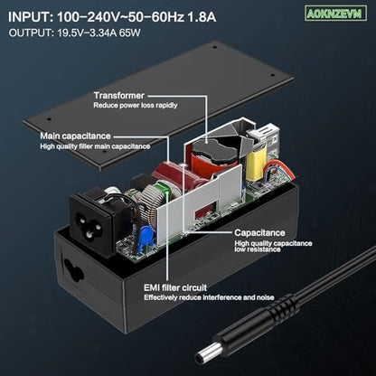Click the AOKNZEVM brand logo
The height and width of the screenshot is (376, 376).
click(335, 14)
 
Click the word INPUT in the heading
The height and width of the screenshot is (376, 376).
click(30, 17)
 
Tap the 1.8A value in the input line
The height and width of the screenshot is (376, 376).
click(202, 17)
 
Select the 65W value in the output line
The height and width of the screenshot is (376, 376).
click(130, 33)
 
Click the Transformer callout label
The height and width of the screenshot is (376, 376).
click(119, 96)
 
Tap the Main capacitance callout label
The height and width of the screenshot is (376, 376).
click(75, 136)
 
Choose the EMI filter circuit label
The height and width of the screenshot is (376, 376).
click(175, 287)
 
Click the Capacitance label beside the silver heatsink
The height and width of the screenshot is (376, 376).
click(259, 232)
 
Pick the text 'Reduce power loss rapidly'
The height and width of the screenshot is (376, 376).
click(136, 105)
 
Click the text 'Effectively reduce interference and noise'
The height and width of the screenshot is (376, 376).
click(209, 297)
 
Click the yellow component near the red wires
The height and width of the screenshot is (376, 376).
click(257, 161)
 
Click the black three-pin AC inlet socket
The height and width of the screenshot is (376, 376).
click(93, 221)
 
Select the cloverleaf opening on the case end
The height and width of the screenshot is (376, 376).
click(73, 271)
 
